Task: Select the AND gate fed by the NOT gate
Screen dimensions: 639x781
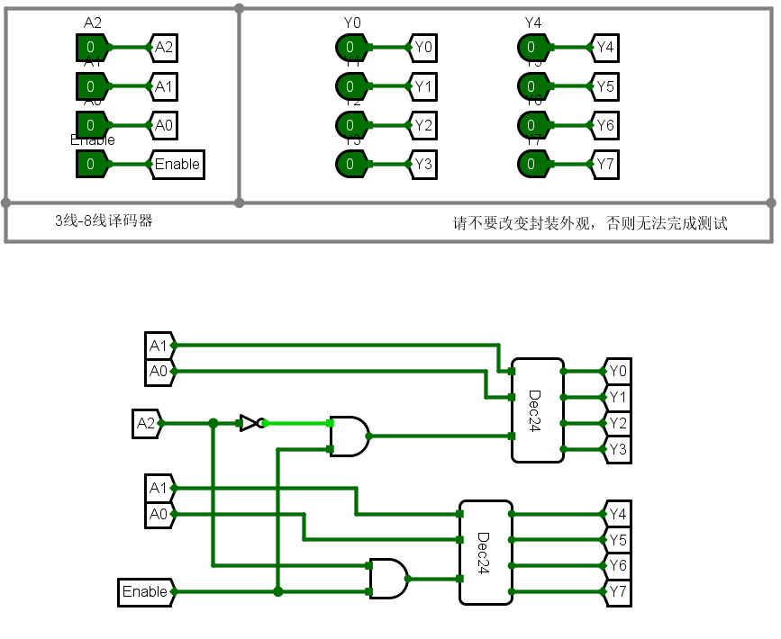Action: tap(350, 436)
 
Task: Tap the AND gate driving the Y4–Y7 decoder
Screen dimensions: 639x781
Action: tap(388, 579)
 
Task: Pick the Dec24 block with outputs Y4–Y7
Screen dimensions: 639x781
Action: tap(486, 552)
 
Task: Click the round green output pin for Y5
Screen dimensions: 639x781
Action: tap(531, 86)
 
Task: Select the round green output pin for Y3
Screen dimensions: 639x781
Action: tap(350, 164)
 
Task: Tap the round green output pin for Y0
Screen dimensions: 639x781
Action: tap(350, 47)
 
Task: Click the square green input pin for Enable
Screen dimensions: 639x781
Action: tap(91, 164)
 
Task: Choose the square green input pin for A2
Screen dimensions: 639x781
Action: tap(91, 47)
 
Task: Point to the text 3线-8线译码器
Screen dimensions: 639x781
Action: tap(104, 220)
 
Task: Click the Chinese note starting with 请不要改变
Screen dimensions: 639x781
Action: tap(590, 223)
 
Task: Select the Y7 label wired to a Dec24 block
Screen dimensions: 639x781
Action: tap(617, 591)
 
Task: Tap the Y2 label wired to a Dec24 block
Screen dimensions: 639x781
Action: tap(617, 422)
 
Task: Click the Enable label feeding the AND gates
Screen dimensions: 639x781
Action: tap(146, 591)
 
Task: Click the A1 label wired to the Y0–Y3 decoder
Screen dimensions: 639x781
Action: tap(159, 345)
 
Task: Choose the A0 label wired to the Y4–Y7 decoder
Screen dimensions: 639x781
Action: tap(159, 514)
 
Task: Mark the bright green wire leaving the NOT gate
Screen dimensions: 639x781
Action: tap(297, 422)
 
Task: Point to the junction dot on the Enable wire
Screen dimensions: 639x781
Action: tap(278, 591)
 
